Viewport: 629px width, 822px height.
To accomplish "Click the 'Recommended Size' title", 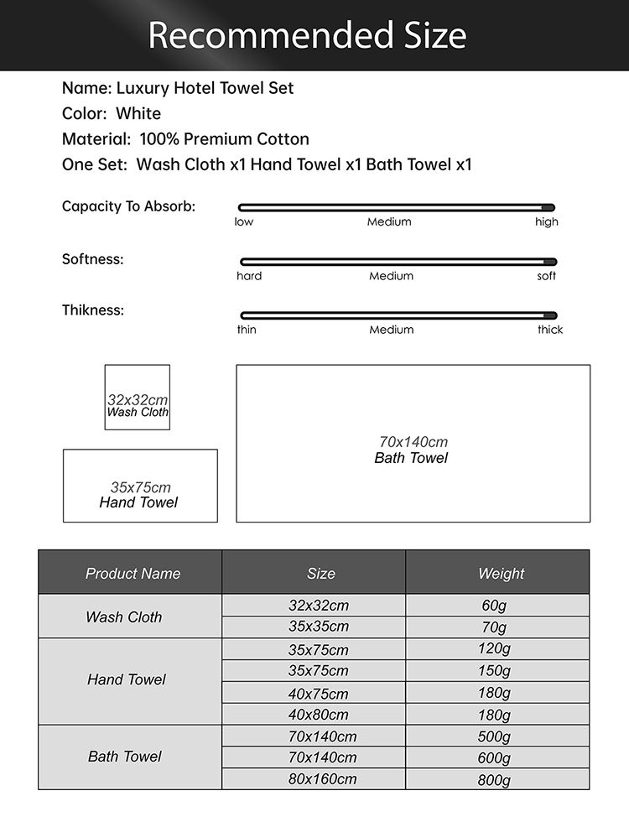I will pos(307,35).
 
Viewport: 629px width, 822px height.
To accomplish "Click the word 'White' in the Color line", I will pos(138,113).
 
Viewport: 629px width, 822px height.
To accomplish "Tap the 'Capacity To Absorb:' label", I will pos(128,206).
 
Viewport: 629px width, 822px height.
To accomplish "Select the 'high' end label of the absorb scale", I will pos(546,221).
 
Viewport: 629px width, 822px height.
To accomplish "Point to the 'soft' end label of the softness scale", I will pos(547,276).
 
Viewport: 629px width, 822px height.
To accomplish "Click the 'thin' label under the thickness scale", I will pos(247,330).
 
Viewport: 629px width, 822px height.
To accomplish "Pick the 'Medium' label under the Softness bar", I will pos(391,276).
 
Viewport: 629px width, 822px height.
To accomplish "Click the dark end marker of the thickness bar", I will pos(549,315).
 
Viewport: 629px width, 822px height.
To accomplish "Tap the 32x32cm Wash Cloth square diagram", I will pos(138,398).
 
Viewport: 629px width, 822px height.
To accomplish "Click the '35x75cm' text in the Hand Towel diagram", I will pos(140,487).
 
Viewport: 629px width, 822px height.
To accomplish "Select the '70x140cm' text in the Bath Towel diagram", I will pos(413,442).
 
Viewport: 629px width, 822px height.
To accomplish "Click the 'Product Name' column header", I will pos(133,574).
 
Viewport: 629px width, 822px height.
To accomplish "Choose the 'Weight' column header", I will pos(501,574).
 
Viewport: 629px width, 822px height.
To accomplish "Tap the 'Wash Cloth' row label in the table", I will pos(123,617).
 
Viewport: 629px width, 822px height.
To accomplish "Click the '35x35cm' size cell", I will pos(318,627).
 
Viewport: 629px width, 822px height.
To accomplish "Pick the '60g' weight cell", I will pos(494,606).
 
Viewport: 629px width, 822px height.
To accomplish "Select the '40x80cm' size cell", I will pos(318,715).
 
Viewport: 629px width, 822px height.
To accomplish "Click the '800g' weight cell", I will pos(494,779).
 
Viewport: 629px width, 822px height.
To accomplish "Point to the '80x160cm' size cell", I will pos(322,779).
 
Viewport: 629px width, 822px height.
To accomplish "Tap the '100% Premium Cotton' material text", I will pos(224,139).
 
